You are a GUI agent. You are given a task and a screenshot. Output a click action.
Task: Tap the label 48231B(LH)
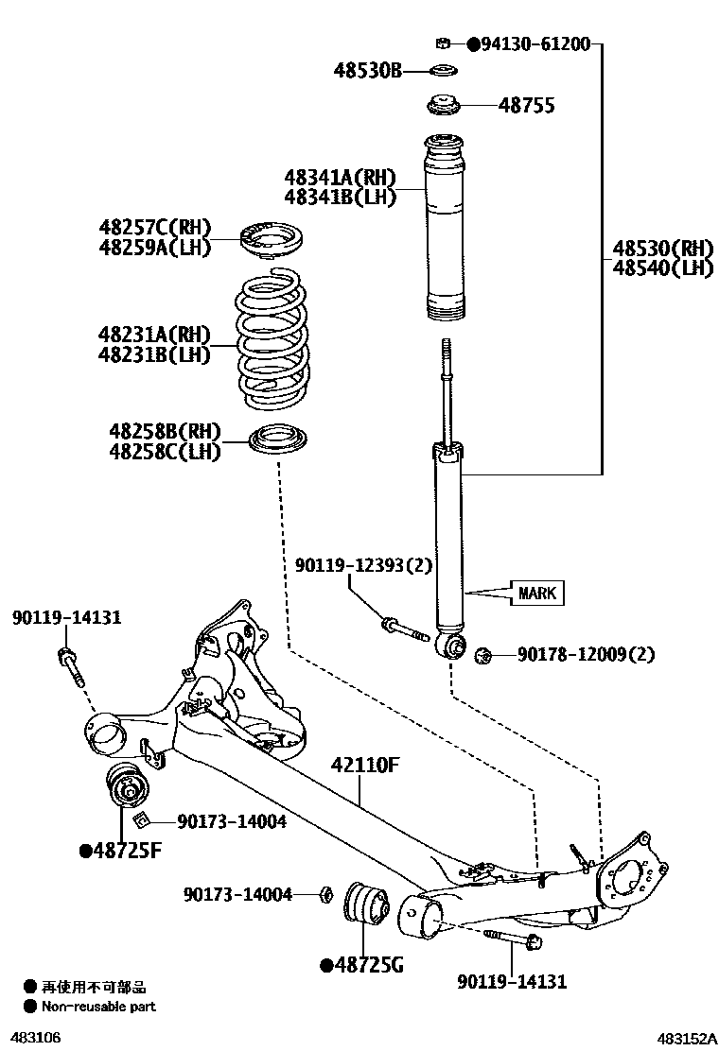[x=153, y=354]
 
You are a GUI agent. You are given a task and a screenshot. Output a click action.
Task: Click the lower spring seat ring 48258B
[x=281, y=442]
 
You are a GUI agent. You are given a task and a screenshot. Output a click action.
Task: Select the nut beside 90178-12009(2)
[x=482, y=653]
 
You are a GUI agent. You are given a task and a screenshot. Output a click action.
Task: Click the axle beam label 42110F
[x=365, y=766]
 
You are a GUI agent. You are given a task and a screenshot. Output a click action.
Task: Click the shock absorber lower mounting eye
[x=453, y=646]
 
